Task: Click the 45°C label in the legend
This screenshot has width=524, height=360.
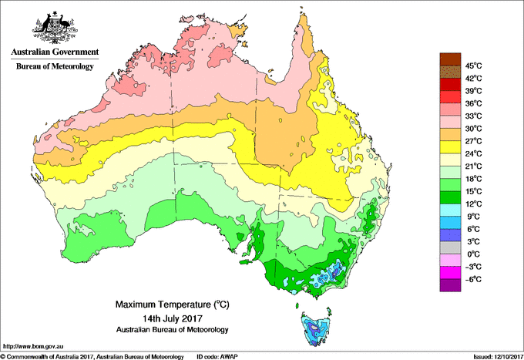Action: pos(474,66)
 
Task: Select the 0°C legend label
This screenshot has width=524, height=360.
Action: pos(474,254)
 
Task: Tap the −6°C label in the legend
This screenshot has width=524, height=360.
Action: pos(474,279)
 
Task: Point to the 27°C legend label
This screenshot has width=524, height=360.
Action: pos(474,141)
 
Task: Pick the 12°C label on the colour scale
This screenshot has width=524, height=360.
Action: pos(474,204)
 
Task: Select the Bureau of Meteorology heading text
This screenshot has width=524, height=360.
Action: pos(54,67)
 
